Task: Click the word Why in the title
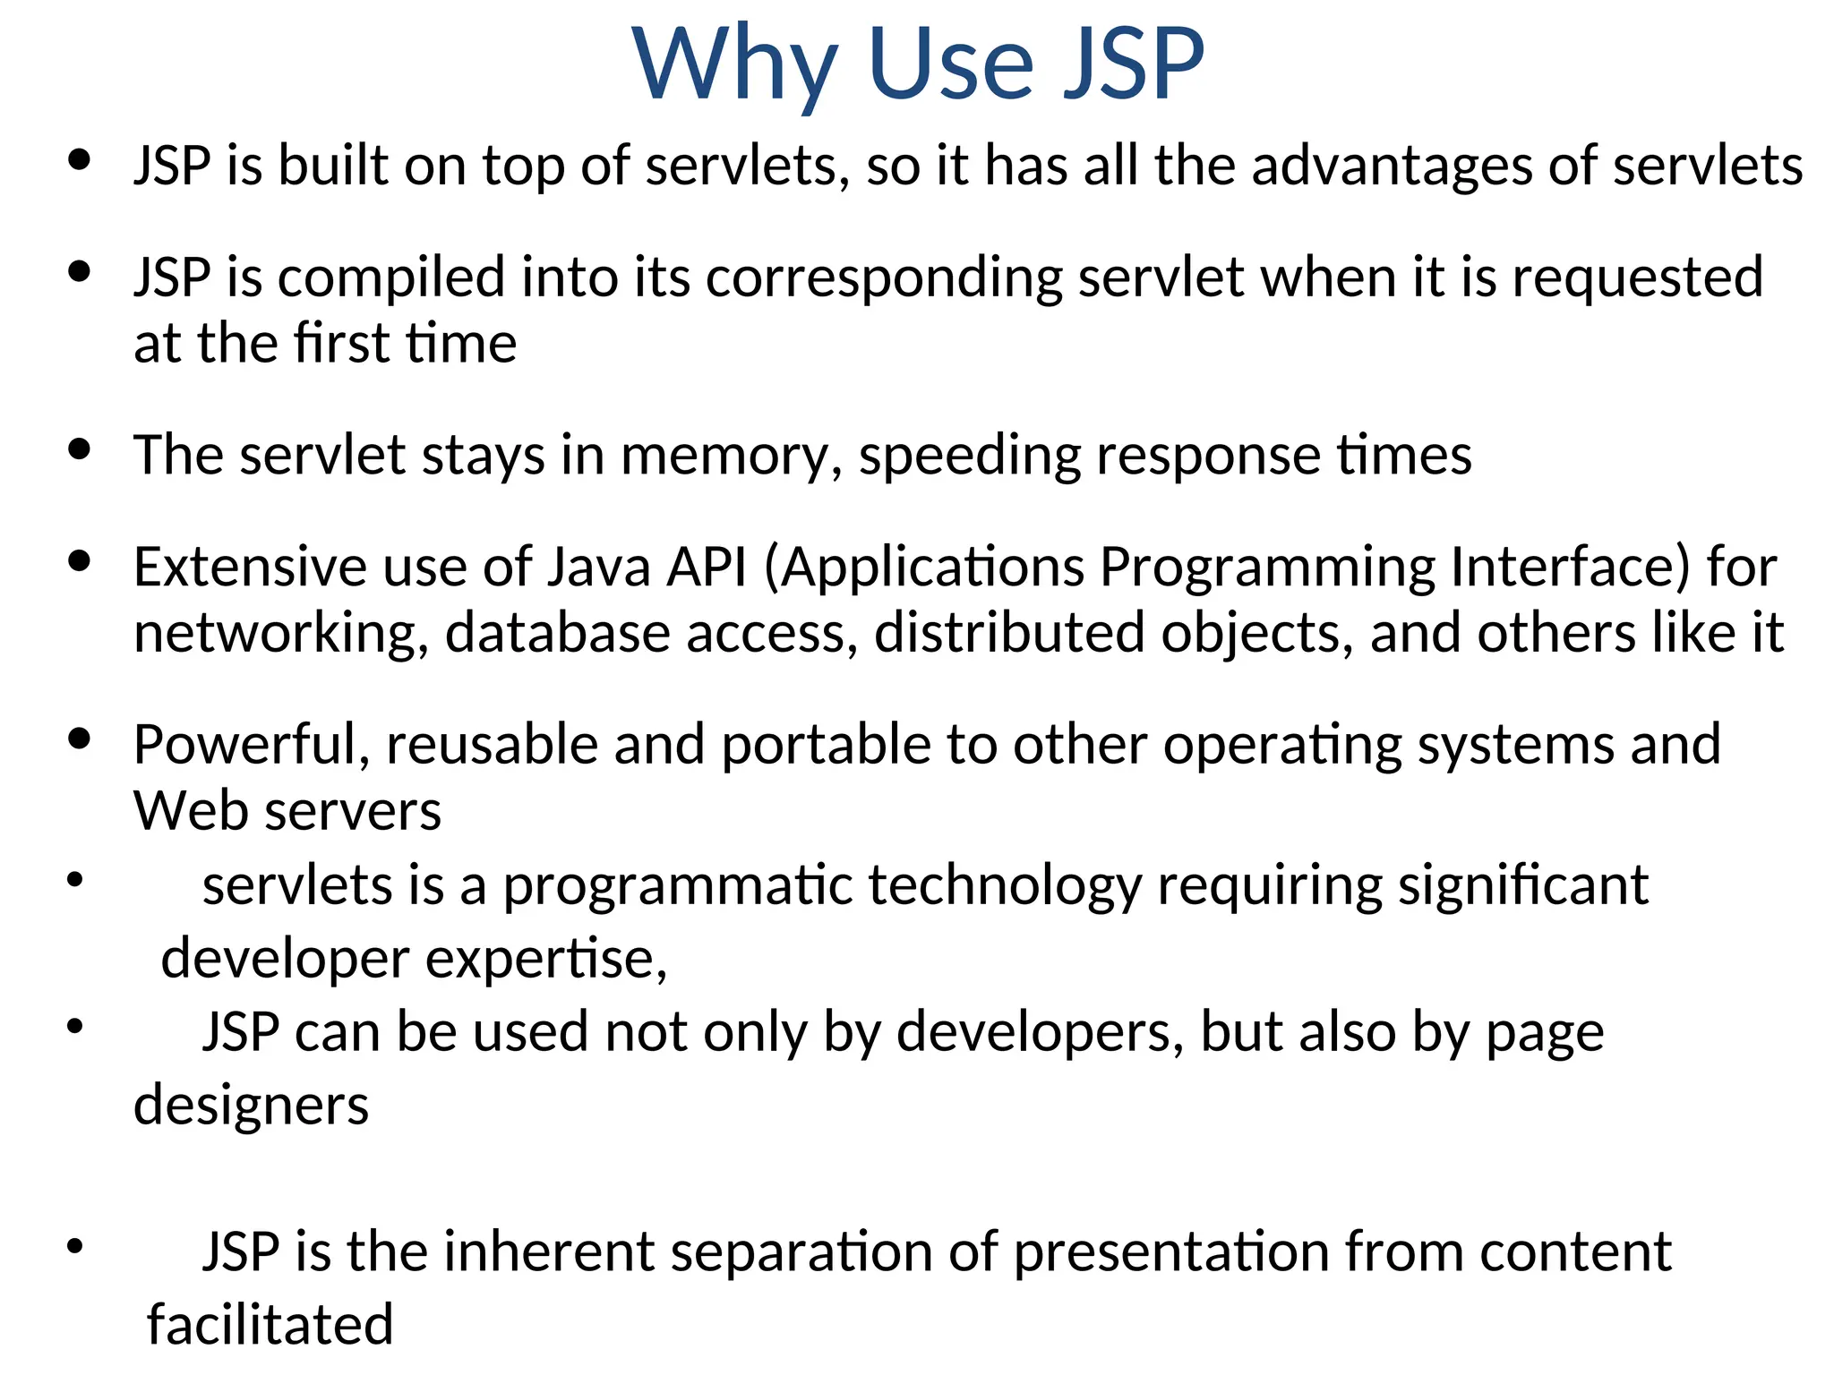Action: point(734,64)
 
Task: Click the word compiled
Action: point(391,278)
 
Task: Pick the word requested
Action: point(1638,278)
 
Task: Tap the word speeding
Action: point(970,456)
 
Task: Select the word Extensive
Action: point(250,567)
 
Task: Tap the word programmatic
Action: point(678,886)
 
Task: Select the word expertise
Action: point(546,960)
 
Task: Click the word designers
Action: point(251,1106)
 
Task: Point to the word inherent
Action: point(549,1251)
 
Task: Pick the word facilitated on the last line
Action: point(270,1325)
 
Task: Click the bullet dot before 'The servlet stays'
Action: point(80,449)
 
